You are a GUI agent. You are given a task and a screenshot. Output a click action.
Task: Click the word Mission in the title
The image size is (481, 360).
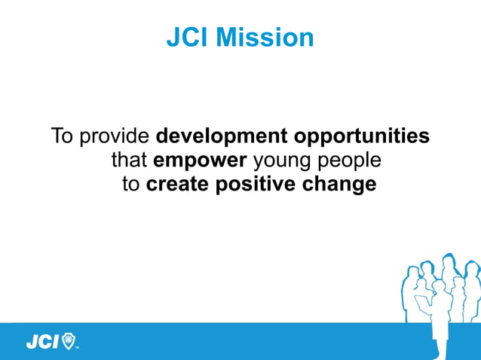[x=265, y=38]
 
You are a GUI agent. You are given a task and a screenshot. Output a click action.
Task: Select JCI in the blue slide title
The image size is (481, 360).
[x=188, y=38]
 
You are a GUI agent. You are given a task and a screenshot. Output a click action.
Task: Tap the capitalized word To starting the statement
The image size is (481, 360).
[x=63, y=137]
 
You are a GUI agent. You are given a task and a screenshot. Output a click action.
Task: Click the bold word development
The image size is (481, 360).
[x=221, y=137]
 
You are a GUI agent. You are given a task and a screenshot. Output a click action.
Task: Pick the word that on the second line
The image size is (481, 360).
[x=129, y=160]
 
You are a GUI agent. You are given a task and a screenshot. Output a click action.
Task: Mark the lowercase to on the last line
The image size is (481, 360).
[x=131, y=185]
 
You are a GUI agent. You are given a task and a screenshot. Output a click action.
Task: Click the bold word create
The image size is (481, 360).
[x=177, y=185]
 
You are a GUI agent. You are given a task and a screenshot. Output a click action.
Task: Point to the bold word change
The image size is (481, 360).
[x=339, y=185]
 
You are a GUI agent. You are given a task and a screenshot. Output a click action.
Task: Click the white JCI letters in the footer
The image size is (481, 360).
[x=42, y=343]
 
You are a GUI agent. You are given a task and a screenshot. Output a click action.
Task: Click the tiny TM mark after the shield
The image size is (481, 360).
[x=78, y=348]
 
